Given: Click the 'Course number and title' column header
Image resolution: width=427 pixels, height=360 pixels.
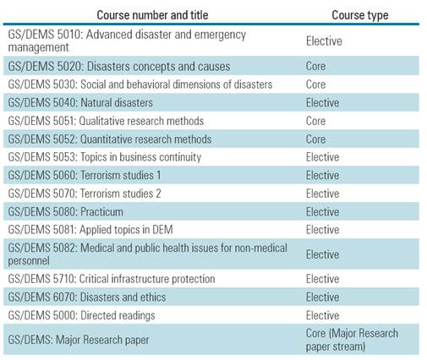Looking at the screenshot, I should click(x=151, y=15).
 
